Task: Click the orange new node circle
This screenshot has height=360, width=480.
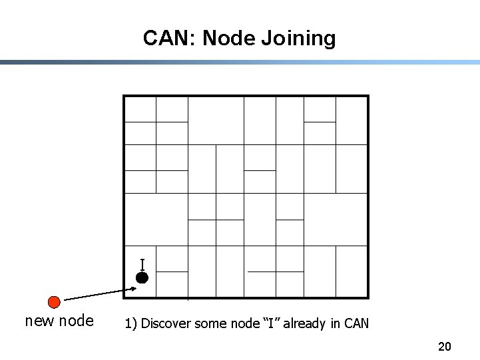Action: click(x=55, y=301)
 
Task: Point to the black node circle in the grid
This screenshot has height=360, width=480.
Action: click(x=141, y=277)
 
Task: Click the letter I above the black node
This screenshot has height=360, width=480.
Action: click(x=142, y=264)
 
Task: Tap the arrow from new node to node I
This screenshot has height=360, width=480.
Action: click(x=100, y=294)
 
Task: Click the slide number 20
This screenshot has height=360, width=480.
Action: click(x=445, y=346)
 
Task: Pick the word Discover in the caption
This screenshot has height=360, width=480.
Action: click(x=163, y=324)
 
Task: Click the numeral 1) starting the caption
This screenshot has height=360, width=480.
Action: click(x=130, y=324)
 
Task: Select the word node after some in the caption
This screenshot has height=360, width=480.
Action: click(x=241, y=324)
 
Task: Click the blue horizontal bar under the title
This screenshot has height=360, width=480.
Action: click(x=240, y=63)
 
